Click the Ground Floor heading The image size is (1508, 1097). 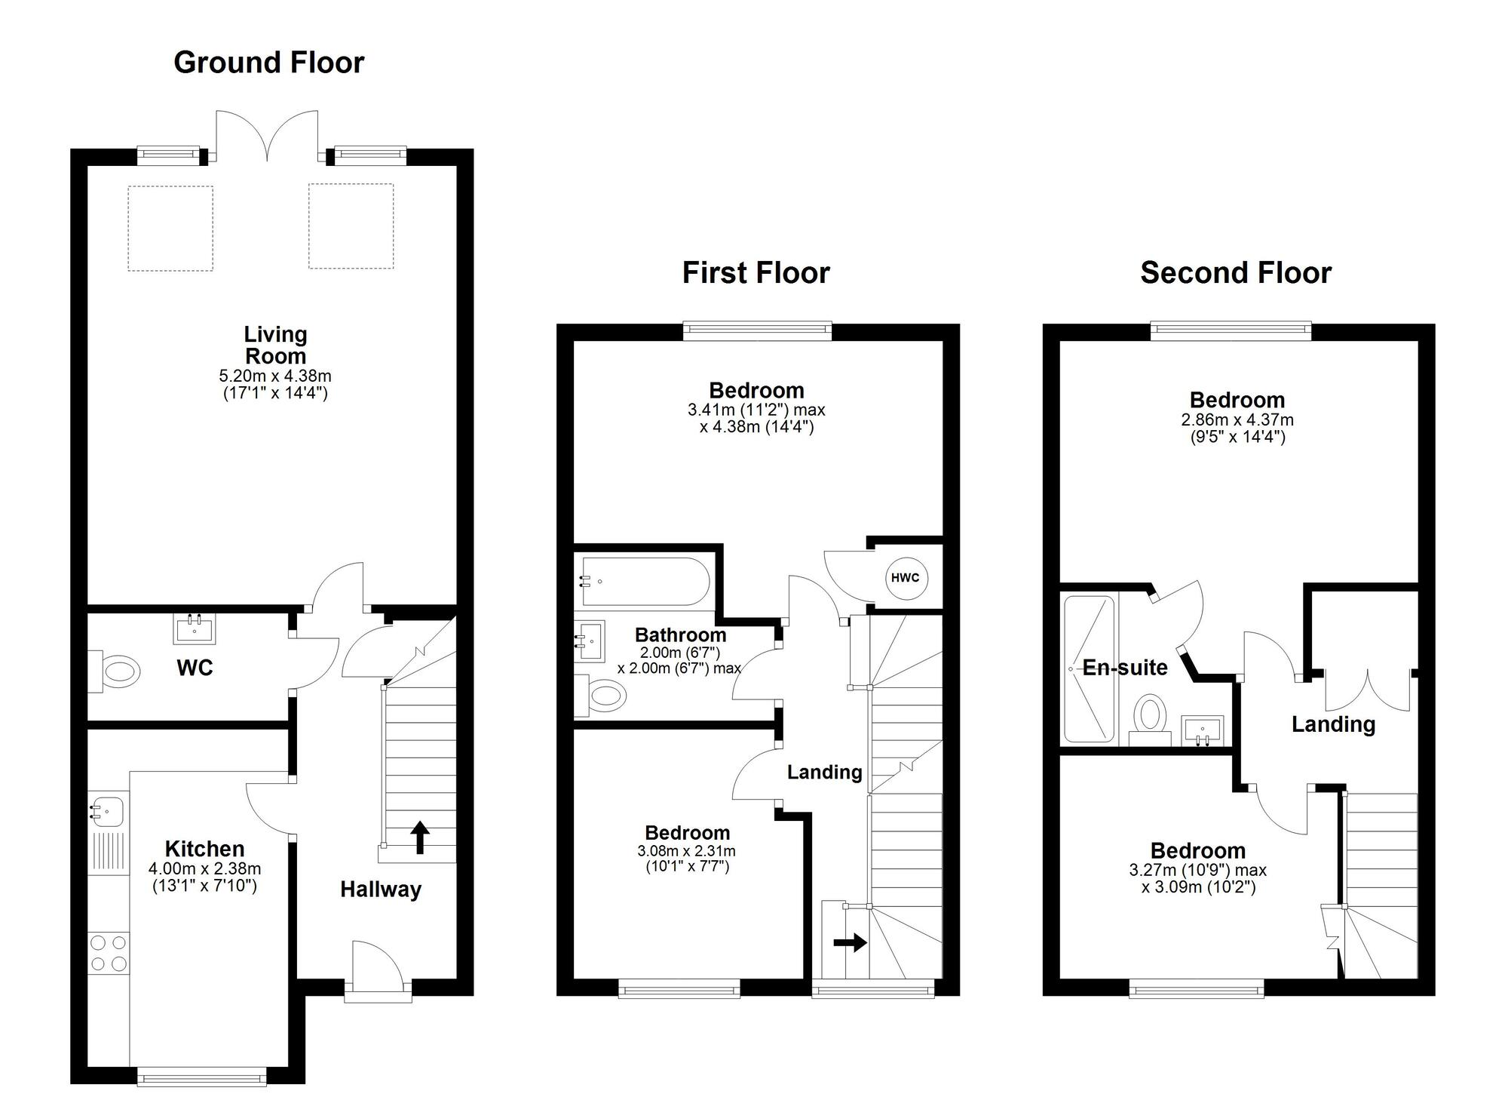click(268, 63)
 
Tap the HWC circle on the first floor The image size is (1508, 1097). click(905, 578)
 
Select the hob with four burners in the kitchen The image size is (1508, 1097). click(109, 953)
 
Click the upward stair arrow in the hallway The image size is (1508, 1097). click(420, 837)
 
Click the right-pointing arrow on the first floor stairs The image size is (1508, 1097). click(851, 942)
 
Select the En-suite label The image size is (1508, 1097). click(1125, 668)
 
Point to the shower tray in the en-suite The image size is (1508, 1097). click(1088, 668)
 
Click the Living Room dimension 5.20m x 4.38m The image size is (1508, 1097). click(275, 376)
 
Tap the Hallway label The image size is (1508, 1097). click(380, 890)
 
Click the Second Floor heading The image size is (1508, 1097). click(1235, 272)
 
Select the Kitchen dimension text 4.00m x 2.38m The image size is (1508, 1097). click(204, 869)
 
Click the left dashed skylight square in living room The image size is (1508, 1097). click(170, 228)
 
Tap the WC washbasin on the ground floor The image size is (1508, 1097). click(195, 628)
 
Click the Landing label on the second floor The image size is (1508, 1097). click(1333, 724)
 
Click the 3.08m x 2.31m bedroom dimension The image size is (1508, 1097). click(686, 851)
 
